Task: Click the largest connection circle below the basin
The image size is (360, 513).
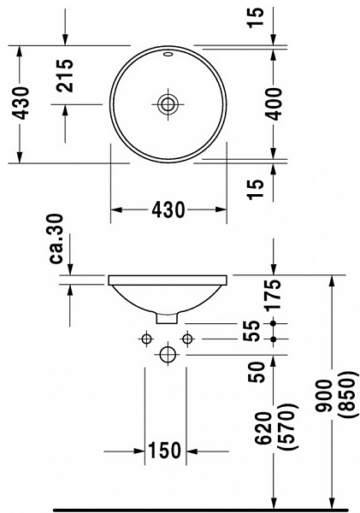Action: click(168, 353)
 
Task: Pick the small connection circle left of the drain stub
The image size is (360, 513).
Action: click(146, 339)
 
